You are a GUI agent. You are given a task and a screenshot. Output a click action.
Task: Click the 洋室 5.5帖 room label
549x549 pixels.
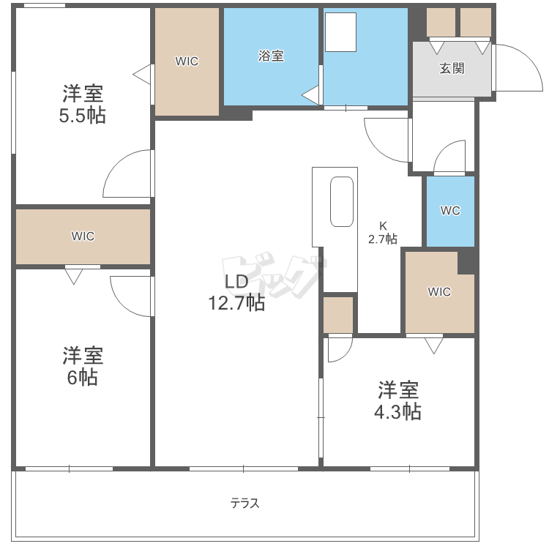[x=82, y=104]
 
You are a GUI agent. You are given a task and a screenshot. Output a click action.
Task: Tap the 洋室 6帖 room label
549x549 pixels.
[x=82, y=366]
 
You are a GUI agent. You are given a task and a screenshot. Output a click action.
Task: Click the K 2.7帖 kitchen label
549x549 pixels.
[x=382, y=232]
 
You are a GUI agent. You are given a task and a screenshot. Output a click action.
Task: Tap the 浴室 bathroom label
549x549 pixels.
[x=271, y=56]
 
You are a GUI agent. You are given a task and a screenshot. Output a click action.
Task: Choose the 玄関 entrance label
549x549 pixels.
[x=452, y=69]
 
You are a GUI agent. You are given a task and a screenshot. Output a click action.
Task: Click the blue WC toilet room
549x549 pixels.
[x=450, y=211]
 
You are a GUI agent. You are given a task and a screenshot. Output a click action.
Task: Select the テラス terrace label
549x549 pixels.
[x=245, y=504]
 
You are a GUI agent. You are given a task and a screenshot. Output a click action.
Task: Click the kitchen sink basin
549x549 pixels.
[x=342, y=201]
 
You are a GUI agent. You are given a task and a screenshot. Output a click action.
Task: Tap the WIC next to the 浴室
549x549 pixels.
[x=187, y=61]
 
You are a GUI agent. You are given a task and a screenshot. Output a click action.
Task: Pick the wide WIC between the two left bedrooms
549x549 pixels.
[x=83, y=236]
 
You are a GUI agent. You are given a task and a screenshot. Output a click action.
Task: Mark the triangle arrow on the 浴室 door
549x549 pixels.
[x=310, y=94]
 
